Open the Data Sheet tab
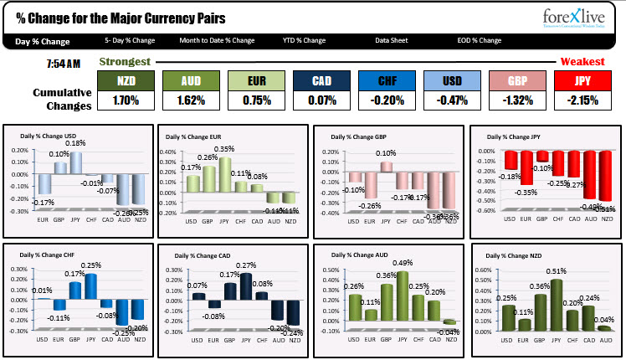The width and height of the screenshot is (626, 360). pos(392,40)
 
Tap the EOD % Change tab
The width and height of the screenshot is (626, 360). pos(480,40)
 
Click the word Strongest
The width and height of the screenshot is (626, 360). pos(126,62)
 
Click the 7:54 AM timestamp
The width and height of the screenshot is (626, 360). pos(64,63)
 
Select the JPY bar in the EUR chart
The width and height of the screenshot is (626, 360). pos(225,174)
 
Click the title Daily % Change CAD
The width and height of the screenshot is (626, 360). pos(204,255)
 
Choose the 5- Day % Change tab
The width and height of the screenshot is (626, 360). pos(130,40)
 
